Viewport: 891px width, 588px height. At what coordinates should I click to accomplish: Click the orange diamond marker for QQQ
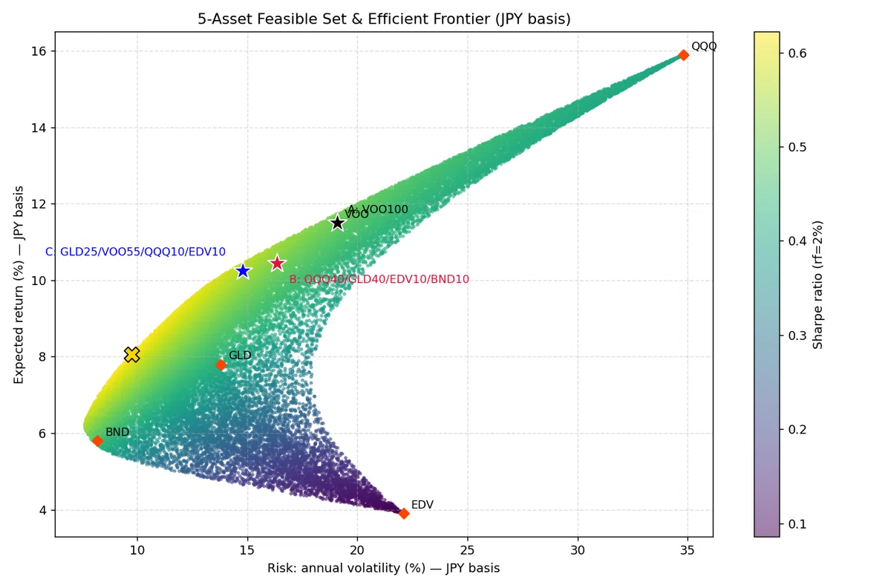[x=683, y=55]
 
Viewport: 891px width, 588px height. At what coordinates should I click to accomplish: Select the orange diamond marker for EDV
[x=404, y=513]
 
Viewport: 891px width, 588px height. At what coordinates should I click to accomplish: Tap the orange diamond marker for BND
[x=97, y=440]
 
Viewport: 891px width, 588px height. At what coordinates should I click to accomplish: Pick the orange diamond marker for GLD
[x=221, y=365]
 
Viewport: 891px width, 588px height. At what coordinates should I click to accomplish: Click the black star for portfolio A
[x=337, y=223]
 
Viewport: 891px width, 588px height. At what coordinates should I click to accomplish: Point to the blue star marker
[x=243, y=271]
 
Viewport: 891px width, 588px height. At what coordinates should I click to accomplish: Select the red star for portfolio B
[x=277, y=263]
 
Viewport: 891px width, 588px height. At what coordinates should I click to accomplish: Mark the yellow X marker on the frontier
[x=132, y=354]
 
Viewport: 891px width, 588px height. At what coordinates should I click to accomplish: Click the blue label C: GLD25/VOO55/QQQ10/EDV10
[x=135, y=252]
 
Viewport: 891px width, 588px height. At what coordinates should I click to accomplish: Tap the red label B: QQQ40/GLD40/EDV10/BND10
[x=379, y=279]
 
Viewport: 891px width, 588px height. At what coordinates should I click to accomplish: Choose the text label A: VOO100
[x=378, y=209]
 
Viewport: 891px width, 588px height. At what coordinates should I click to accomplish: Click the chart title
[x=384, y=19]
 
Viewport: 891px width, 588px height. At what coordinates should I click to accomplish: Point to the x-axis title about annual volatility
[x=383, y=568]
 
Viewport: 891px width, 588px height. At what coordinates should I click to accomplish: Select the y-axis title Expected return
[x=19, y=285]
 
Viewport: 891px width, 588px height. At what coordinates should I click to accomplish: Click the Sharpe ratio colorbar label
[x=817, y=285]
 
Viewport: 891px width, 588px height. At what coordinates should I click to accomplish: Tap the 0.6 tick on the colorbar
[x=797, y=53]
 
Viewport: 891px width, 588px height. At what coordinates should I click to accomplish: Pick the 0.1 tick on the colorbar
[x=797, y=524]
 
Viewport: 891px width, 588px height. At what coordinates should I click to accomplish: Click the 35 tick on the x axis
[x=688, y=550]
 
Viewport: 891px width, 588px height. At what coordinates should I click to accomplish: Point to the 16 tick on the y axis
[x=39, y=51]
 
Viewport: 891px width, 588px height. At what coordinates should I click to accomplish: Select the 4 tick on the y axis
[x=42, y=509]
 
